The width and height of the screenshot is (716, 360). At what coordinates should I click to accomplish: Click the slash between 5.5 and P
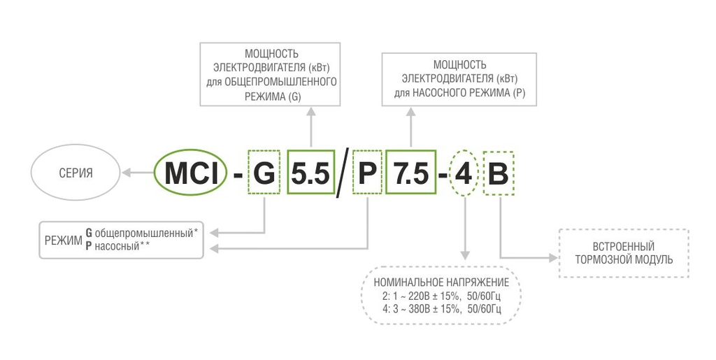341,173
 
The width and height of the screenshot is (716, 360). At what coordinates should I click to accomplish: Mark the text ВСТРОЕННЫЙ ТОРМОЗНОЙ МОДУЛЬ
624,253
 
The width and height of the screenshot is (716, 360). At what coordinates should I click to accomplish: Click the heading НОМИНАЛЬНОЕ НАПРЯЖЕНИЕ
441,282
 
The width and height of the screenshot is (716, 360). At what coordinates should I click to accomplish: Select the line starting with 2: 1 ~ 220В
441,296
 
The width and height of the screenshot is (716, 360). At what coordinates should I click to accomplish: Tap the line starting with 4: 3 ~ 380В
441,308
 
